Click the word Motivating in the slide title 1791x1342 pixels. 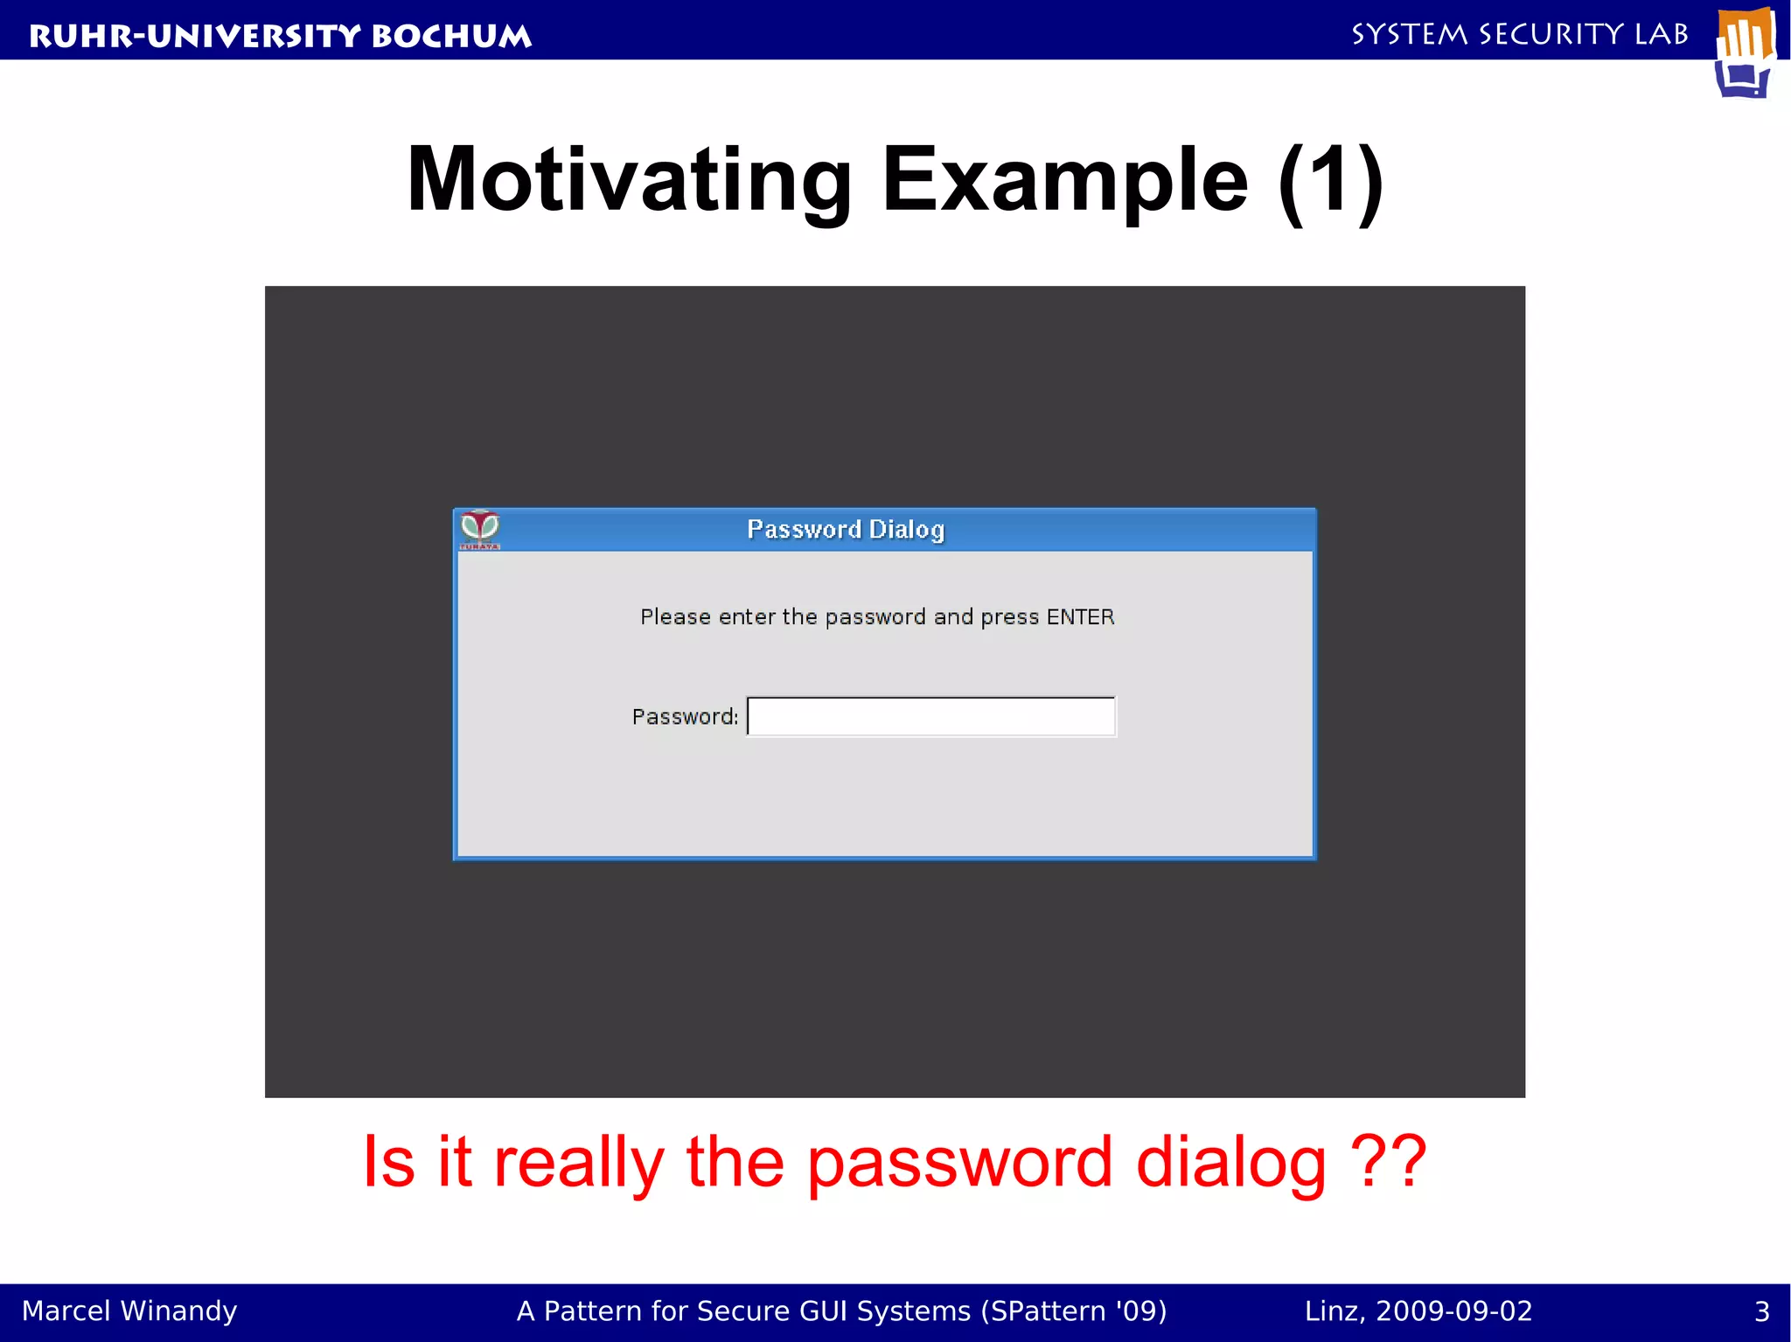pyautogui.click(x=629, y=180)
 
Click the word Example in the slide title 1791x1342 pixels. pyautogui.click(x=1065, y=180)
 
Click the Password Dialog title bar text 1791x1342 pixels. pyautogui.click(x=845, y=530)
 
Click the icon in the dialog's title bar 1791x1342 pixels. pyautogui.click(x=480, y=530)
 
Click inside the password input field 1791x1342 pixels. pyautogui.click(x=931, y=717)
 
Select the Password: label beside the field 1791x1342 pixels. pyautogui.click(x=685, y=717)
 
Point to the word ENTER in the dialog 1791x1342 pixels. pyautogui.click(x=1080, y=617)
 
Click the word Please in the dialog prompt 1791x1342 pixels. pyautogui.click(x=675, y=617)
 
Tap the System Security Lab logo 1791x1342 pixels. pyautogui.click(x=1746, y=52)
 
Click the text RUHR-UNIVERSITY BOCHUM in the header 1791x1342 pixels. pyautogui.click(x=280, y=36)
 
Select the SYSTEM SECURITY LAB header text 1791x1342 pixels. pyautogui.click(x=1519, y=34)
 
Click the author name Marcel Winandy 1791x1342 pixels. pyautogui.click(x=129, y=1311)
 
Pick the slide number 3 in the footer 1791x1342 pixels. pyautogui.click(x=1762, y=1311)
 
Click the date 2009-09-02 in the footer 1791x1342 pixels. pyautogui.click(x=1453, y=1311)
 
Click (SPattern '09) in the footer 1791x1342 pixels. pyautogui.click(x=1074, y=1311)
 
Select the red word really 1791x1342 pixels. pyautogui.click(x=578, y=1163)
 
